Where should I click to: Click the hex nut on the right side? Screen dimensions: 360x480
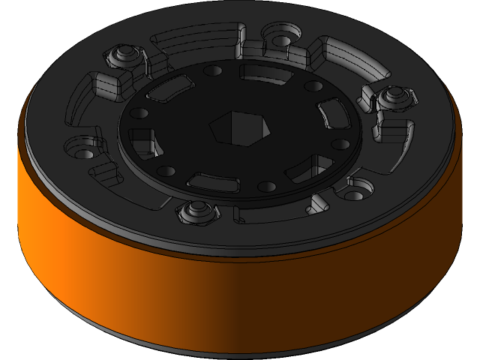point(393,96)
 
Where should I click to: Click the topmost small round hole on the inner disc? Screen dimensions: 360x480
point(213,70)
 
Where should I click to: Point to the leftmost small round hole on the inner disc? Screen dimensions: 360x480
point(138,114)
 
